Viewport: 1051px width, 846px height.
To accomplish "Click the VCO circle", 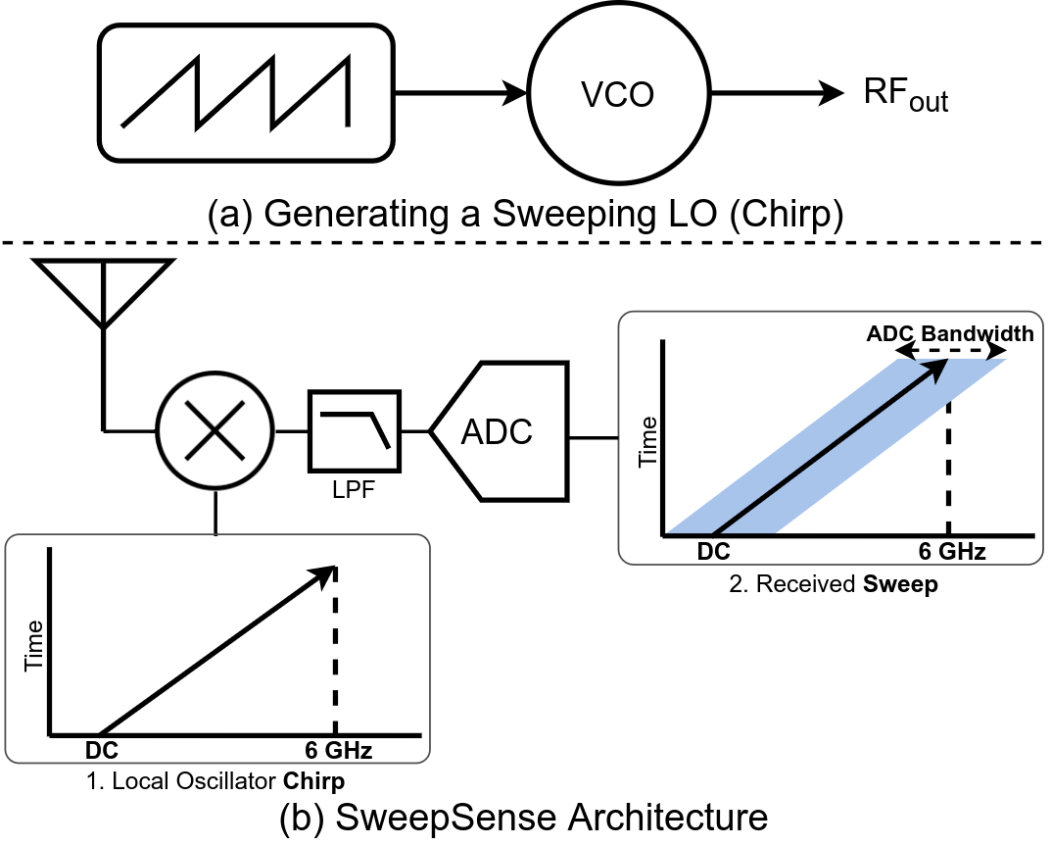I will [x=616, y=95].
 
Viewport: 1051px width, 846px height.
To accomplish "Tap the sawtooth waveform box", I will [x=245, y=94].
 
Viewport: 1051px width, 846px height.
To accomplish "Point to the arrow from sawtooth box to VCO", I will [x=460, y=94].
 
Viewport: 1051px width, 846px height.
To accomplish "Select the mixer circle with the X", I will [x=215, y=429].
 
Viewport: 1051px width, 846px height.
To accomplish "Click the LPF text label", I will [x=355, y=487].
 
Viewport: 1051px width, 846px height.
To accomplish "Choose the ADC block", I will [x=499, y=431].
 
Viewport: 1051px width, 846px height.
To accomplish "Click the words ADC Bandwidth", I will [x=949, y=334].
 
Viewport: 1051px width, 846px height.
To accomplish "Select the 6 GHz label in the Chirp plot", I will [x=338, y=752].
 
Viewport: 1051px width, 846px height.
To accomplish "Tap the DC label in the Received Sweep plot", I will [x=713, y=552].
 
